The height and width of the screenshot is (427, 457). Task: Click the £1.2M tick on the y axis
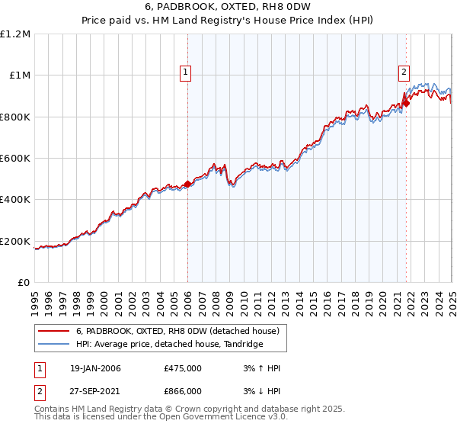tap(15, 34)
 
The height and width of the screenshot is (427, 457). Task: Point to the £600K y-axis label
tap(15, 159)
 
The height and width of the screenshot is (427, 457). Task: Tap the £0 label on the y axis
tap(24, 283)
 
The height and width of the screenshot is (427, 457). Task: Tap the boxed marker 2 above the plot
tap(404, 72)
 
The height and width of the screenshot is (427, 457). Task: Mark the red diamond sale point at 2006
tap(188, 184)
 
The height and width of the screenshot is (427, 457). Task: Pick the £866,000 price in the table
tap(183, 390)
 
